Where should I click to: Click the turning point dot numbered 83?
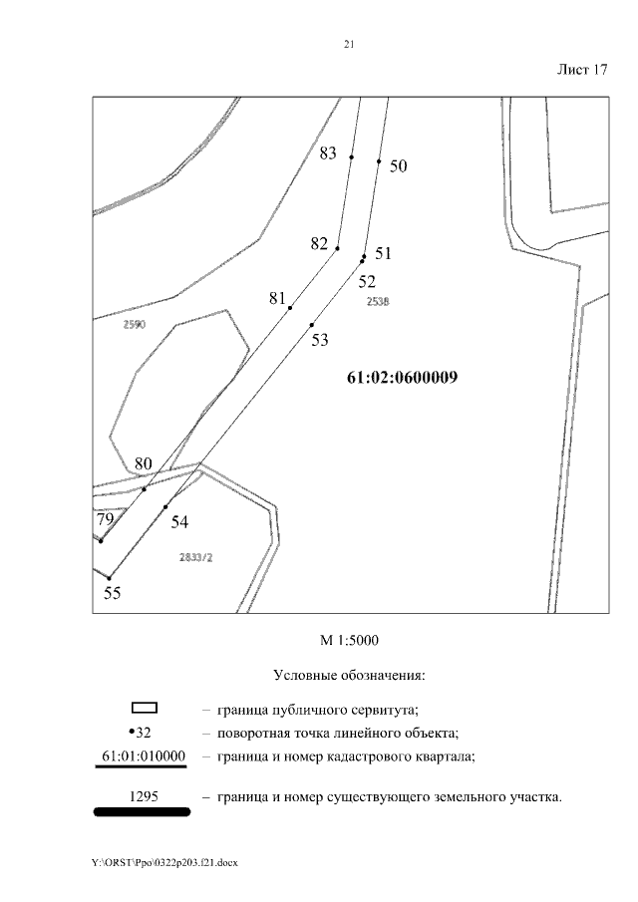click(351, 156)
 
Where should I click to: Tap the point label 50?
click(398, 166)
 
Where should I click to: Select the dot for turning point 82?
click(338, 248)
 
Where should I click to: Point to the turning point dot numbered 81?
click(290, 308)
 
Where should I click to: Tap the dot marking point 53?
click(312, 325)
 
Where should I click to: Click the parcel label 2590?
click(133, 325)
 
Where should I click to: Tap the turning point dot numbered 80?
click(145, 488)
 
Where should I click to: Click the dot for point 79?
click(102, 540)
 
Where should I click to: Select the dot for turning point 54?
click(165, 507)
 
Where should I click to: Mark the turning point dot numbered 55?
click(110, 578)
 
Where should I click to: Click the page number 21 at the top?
click(348, 45)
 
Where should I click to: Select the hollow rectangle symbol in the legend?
click(146, 709)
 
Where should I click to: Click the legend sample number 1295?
click(145, 796)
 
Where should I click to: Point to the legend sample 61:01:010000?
click(146, 755)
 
